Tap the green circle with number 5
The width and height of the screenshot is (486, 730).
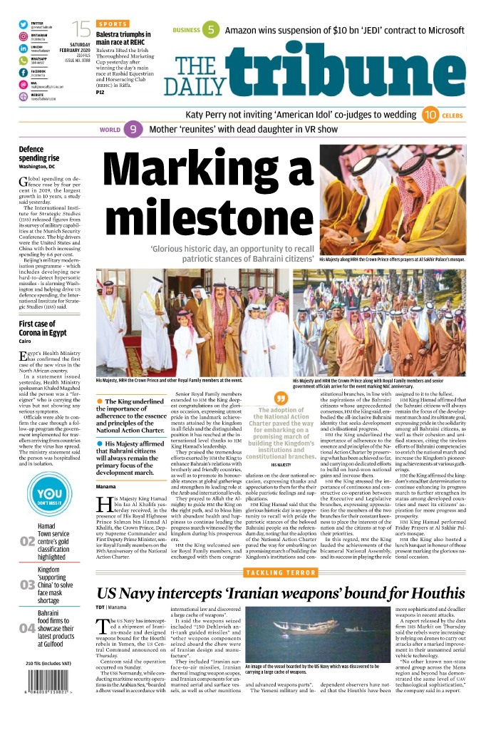click(210, 30)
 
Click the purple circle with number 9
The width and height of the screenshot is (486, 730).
click(131, 130)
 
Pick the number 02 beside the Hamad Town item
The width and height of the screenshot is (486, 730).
click(27, 542)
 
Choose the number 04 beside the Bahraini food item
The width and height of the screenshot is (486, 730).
click(27, 628)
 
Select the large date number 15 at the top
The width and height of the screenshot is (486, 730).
click(82, 29)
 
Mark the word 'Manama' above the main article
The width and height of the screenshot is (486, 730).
click(106, 485)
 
